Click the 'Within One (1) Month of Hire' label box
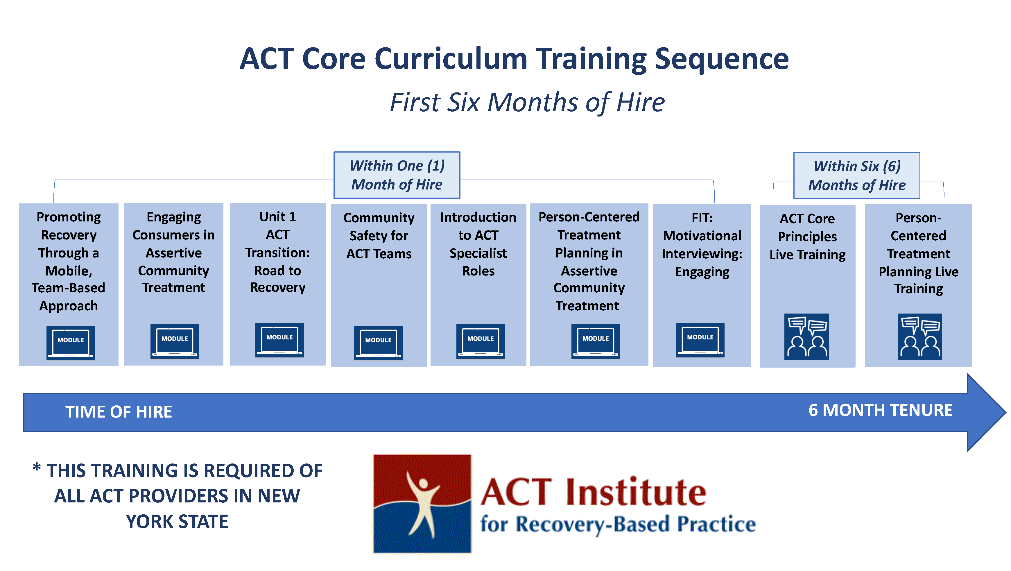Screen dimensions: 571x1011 tap(397, 175)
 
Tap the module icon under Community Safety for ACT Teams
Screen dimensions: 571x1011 tap(378, 343)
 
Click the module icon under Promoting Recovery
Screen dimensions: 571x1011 tap(71, 343)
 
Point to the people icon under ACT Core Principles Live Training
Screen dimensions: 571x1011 tap(806, 336)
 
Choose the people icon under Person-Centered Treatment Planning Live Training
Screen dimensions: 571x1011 tap(919, 336)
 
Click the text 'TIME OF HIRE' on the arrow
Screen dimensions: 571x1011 tap(119, 412)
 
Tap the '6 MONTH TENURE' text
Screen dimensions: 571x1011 tap(880, 410)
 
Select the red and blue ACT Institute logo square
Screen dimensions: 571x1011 tap(422, 504)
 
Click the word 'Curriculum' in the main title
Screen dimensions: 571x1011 tap(451, 59)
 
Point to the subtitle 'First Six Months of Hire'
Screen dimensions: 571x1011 tap(527, 102)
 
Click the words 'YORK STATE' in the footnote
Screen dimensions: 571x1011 tap(177, 522)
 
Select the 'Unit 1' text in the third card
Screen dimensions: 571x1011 tap(277, 216)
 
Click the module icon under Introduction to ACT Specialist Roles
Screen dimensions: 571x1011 tap(481, 341)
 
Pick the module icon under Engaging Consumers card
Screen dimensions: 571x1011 tap(175, 341)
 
